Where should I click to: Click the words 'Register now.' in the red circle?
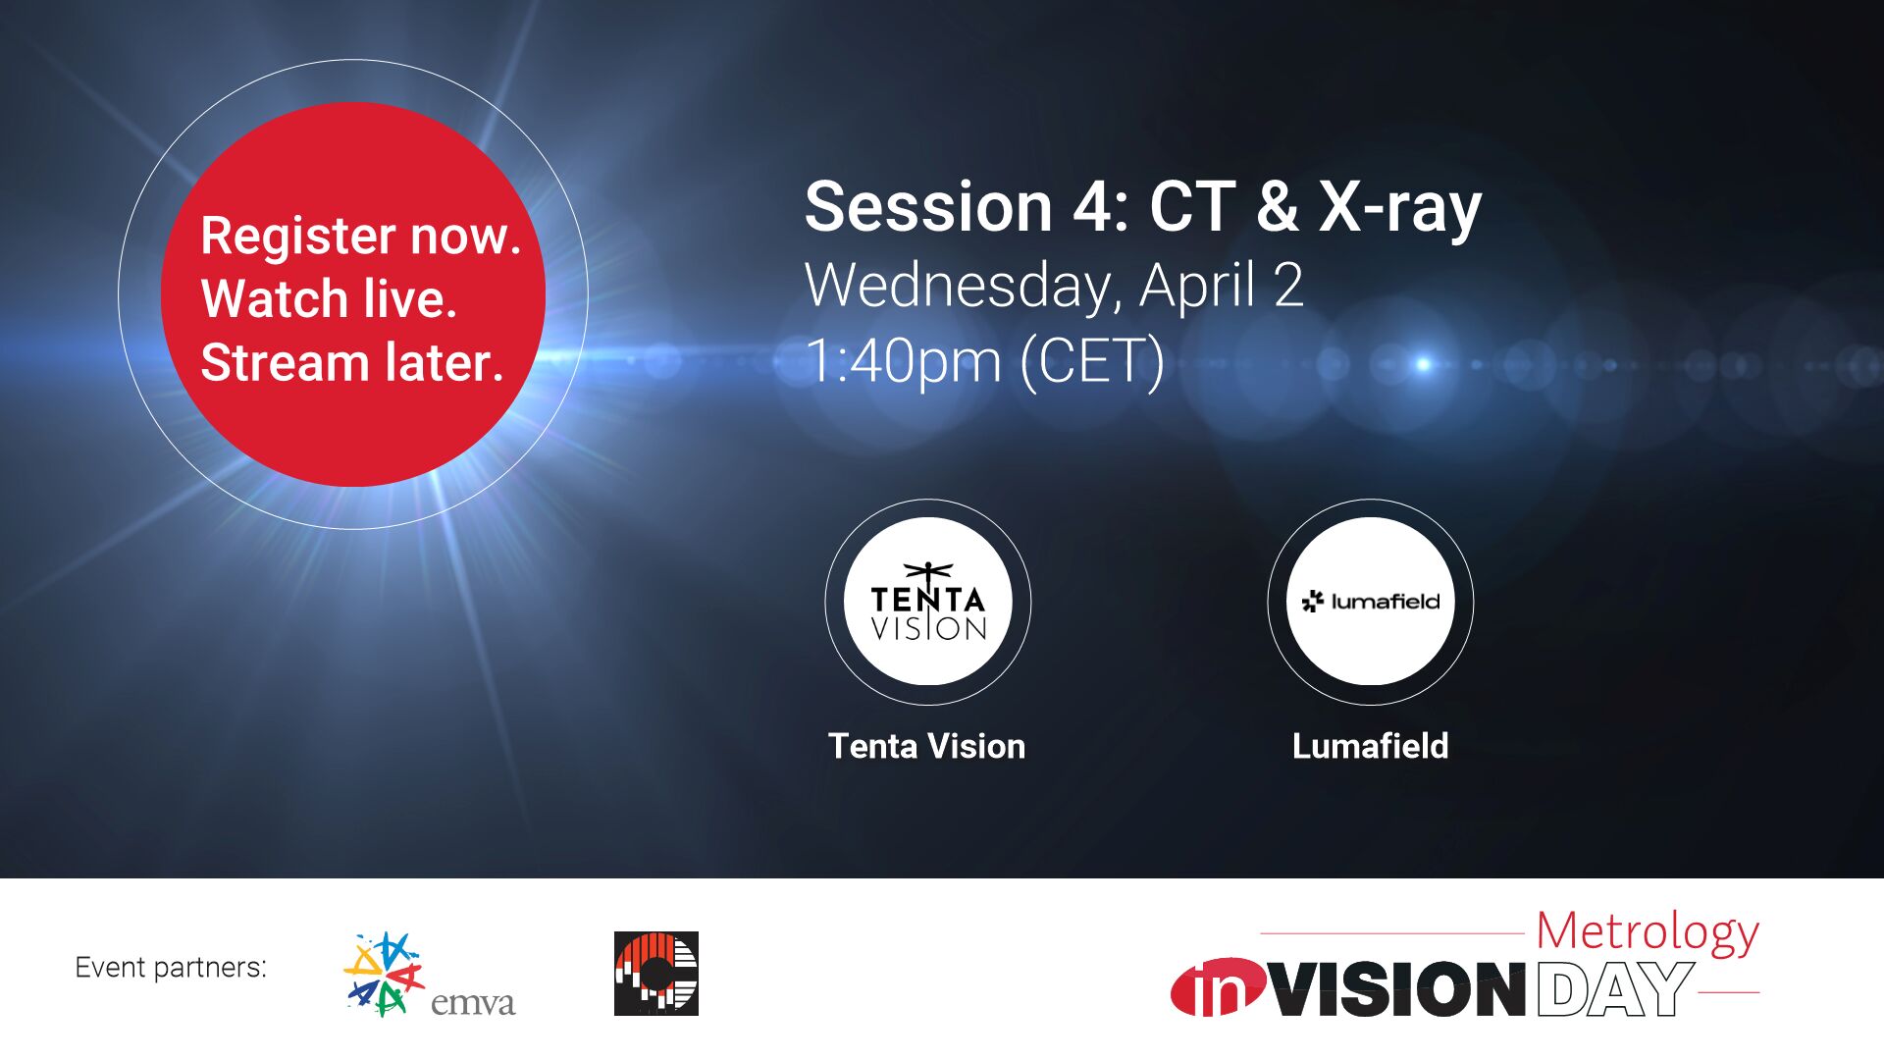point(360,236)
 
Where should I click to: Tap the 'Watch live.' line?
point(329,298)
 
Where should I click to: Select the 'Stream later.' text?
point(351,362)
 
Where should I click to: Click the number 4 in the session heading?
point(1093,207)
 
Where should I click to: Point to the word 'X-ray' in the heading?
point(1399,207)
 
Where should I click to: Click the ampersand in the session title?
point(1277,207)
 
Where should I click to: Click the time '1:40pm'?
point(903,360)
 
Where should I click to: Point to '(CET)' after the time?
point(1092,360)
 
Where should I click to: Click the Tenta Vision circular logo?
point(927,602)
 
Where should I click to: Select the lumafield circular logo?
point(1370,602)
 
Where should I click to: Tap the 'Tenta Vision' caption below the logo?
point(926,746)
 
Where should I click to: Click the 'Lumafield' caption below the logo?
point(1370,746)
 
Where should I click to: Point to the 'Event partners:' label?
point(171,968)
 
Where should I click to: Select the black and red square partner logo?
point(655,974)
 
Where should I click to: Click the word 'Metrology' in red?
point(1647,932)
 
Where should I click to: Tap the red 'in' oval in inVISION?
point(1217,988)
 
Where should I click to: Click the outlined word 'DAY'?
point(1615,989)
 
